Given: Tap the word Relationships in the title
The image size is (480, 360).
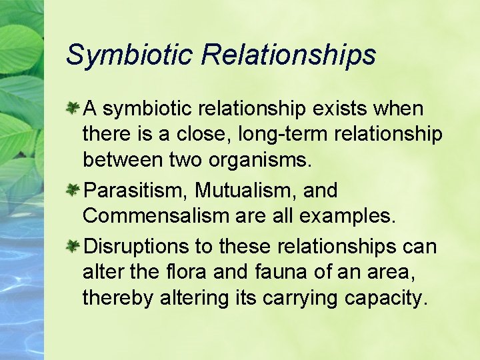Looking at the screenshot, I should [288, 55].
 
